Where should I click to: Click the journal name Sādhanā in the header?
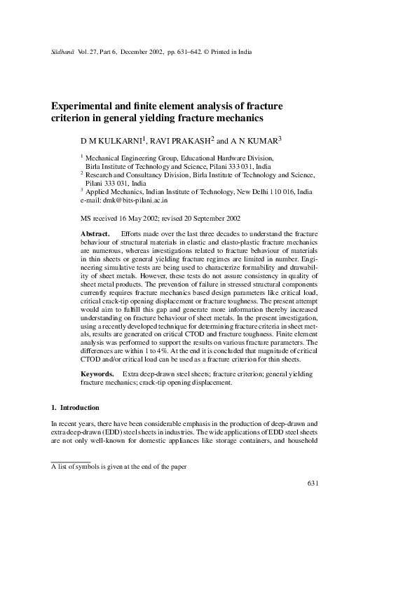(x=62, y=53)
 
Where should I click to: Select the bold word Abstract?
(x=95, y=233)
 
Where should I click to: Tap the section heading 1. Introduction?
(x=76, y=408)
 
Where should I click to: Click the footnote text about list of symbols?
(x=119, y=466)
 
